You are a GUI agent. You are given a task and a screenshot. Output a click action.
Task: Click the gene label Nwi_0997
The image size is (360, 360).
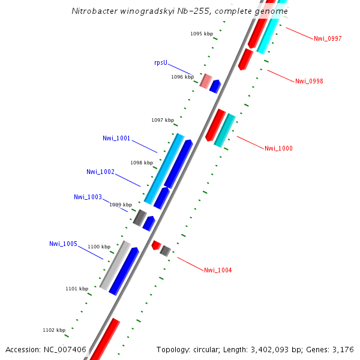click(328, 38)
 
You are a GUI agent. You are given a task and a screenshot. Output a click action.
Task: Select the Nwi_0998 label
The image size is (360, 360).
click(309, 81)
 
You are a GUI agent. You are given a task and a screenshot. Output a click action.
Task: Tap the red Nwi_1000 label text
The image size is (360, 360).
click(278, 148)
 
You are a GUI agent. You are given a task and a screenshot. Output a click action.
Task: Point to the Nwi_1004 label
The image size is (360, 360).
click(218, 270)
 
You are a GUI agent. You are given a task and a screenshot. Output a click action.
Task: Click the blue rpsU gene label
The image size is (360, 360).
click(160, 62)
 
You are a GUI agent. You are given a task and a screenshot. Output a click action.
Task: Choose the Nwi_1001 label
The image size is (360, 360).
click(116, 139)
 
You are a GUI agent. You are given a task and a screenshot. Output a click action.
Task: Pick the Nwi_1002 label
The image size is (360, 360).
click(100, 172)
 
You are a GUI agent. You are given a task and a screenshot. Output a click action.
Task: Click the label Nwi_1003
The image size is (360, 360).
click(88, 197)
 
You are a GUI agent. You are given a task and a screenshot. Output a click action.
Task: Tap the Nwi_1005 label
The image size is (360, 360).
click(63, 244)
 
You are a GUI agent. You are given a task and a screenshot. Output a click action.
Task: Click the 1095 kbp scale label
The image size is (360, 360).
click(202, 34)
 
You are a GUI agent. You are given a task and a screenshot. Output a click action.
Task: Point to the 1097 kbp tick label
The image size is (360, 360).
click(163, 120)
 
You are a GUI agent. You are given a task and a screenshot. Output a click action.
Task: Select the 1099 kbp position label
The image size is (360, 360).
click(120, 205)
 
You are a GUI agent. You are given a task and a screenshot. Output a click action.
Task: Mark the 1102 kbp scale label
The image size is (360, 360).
click(54, 330)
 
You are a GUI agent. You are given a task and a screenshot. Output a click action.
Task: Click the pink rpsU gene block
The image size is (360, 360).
click(206, 81)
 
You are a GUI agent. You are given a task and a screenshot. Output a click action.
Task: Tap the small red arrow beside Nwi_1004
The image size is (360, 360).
click(156, 245)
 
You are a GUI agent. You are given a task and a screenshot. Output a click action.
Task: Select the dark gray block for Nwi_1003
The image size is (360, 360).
click(140, 217)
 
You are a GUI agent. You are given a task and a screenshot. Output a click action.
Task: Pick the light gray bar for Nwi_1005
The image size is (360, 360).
click(115, 265)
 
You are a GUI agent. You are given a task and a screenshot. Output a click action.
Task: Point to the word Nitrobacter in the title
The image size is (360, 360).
click(93, 11)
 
